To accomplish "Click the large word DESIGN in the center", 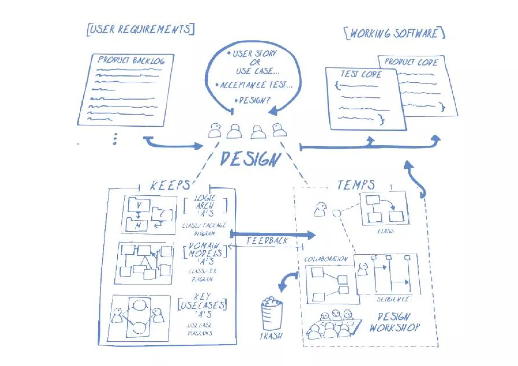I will pyautogui.click(x=250, y=159).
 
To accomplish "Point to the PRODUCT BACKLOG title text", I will pyautogui.click(x=131, y=60).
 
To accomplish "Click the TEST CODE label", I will pyautogui.click(x=361, y=74).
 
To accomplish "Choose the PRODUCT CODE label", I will pyautogui.click(x=411, y=62).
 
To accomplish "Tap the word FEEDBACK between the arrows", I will pyautogui.click(x=267, y=241).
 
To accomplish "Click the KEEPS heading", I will pyautogui.click(x=170, y=186).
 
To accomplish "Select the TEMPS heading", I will pyautogui.click(x=356, y=185).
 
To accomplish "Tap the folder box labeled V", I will pyautogui.click(x=139, y=204).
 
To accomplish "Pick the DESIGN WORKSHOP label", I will pyautogui.click(x=395, y=322).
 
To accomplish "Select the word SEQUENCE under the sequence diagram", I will pyautogui.click(x=393, y=299).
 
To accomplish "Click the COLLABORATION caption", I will pyautogui.click(x=326, y=259).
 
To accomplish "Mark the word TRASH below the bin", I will pyautogui.click(x=271, y=336).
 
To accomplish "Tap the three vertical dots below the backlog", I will pyautogui.click(x=115, y=139).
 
